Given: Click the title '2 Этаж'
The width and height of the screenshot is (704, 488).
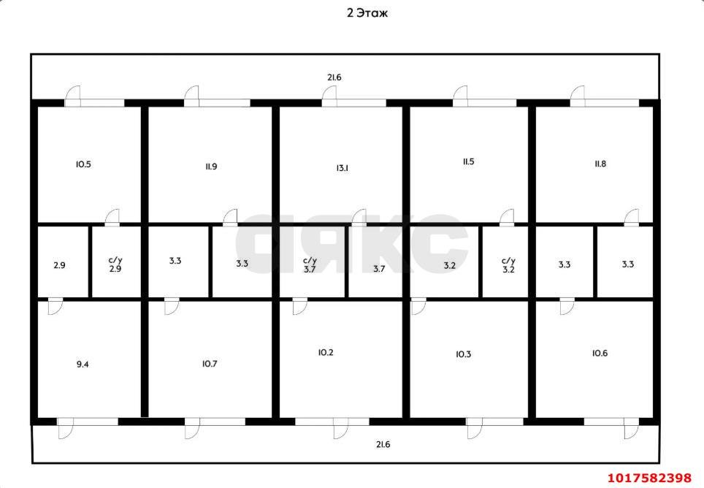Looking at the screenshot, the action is pyautogui.click(x=367, y=13).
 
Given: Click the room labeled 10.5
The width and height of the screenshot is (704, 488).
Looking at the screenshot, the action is pyautogui.click(x=89, y=164).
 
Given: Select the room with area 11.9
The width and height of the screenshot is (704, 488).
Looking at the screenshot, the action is pyautogui.click(x=210, y=164).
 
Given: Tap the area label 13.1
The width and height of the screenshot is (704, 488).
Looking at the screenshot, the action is pyautogui.click(x=342, y=168).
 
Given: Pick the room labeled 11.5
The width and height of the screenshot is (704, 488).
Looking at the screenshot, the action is pyautogui.click(x=469, y=164).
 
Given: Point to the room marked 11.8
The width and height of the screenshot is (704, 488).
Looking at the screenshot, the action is pyautogui.click(x=594, y=164).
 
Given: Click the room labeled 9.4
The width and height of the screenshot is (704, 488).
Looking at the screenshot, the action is pyautogui.click(x=89, y=359).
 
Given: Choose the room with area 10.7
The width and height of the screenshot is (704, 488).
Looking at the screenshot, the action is pyautogui.click(x=210, y=359).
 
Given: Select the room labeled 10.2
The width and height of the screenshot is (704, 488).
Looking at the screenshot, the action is pyautogui.click(x=341, y=359).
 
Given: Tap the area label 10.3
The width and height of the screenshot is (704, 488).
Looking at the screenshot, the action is pyautogui.click(x=463, y=354).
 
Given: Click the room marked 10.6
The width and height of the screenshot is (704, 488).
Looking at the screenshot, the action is pyautogui.click(x=594, y=359).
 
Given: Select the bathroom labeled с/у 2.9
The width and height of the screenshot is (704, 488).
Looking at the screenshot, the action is pyautogui.click(x=116, y=262).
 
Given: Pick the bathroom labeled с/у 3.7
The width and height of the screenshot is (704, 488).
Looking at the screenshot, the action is pyautogui.click(x=312, y=262).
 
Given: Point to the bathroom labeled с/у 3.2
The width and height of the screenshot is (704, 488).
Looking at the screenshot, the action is pyautogui.click(x=505, y=262).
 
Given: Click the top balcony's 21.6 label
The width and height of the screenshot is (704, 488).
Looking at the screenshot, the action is pyautogui.click(x=334, y=77).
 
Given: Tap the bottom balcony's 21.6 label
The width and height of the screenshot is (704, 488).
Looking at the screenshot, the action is pyautogui.click(x=383, y=444).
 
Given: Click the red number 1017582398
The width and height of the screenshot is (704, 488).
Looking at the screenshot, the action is pyautogui.click(x=650, y=477).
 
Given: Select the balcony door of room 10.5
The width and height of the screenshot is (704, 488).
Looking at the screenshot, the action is pyautogui.click(x=72, y=96).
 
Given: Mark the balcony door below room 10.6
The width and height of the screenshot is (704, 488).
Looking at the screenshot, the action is pyautogui.click(x=631, y=428).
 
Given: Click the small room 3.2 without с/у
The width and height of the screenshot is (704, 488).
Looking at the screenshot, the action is pyautogui.click(x=444, y=262).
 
